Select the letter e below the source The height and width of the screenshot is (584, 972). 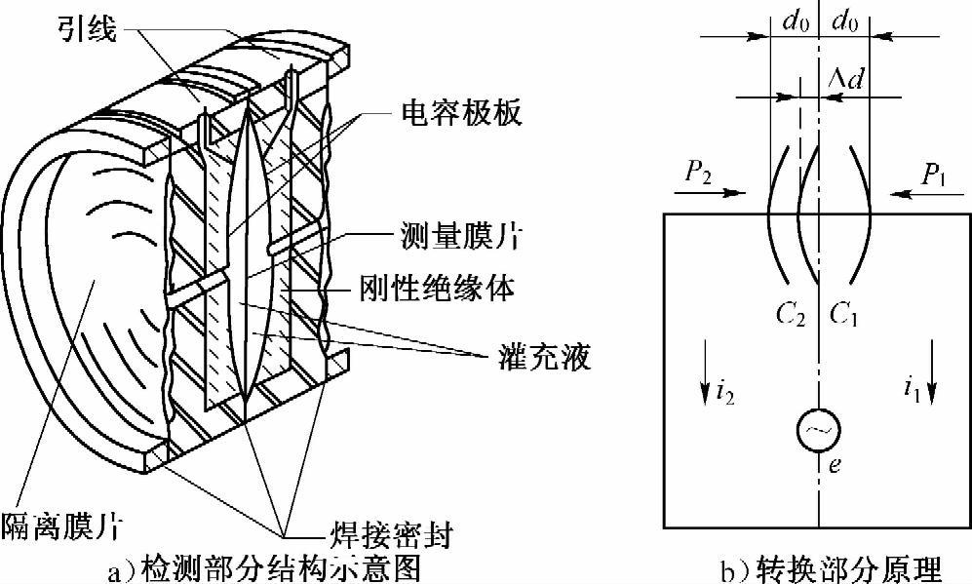[835, 465]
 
